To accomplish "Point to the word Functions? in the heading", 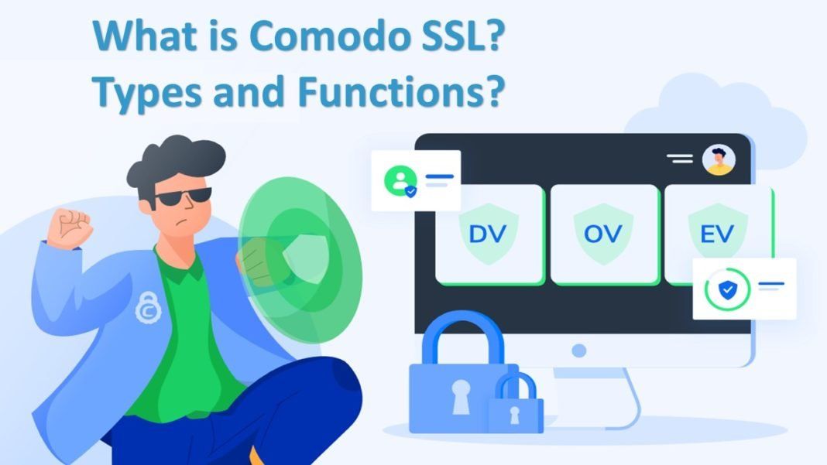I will (401, 91).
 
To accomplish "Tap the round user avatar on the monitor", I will (719, 159).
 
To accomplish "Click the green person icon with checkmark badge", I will (400, 181).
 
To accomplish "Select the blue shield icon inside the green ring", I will (727, 289).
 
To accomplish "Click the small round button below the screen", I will (579, 350).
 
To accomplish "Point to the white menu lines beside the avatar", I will (680, 159).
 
